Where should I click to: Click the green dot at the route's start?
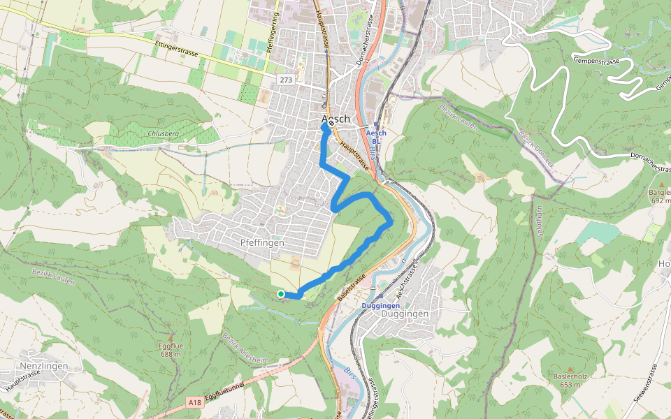coord(280,294)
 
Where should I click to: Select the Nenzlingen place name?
coord(44,366)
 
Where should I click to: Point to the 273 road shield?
coord(285,80)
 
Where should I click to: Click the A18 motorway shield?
coord(196,403)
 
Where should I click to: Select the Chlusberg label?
coord(164,133)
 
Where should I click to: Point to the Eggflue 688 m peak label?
coord(170,350)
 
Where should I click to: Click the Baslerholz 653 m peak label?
coord(567,381)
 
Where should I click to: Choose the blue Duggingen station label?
coord(381,306)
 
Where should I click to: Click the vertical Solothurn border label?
coord(540,220)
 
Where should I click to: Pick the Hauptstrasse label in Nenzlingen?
coord(20,381)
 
